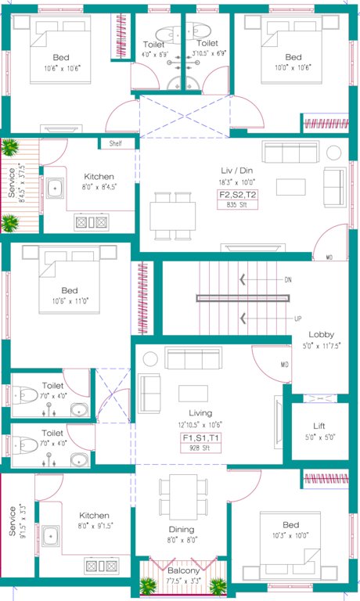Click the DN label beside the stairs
[x=288, y=279]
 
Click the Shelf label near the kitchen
[x=116, y=143]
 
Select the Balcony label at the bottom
[x=183, y=571]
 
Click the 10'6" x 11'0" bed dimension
[x=70, y=300]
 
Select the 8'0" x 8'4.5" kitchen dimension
[x=99, y=187]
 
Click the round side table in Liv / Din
[x=334, y=152]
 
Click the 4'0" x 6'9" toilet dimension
[x=154, y=55]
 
